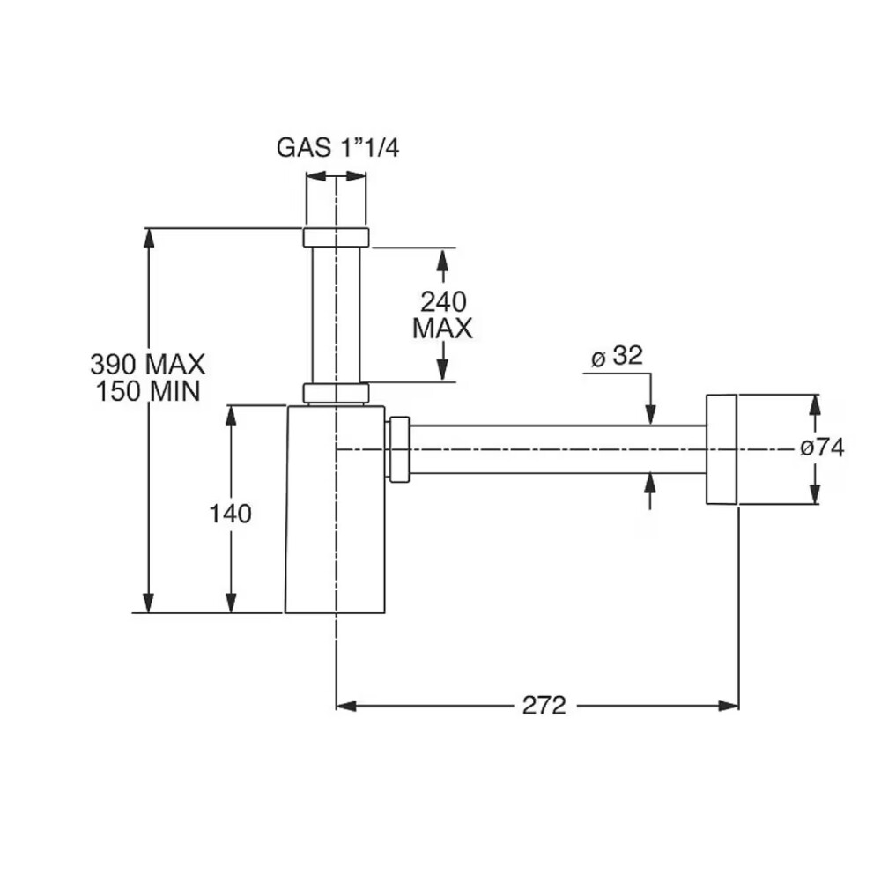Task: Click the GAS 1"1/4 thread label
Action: point(338,147)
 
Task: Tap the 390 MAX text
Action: point(147,363)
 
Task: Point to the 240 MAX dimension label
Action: point(443,315)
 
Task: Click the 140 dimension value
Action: point(230,513)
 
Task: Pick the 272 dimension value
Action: point(544,705)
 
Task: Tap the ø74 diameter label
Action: point(822,448)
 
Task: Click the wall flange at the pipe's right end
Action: point(721,449)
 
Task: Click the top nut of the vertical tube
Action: point(336,237)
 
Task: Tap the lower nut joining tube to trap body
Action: point(336,393)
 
